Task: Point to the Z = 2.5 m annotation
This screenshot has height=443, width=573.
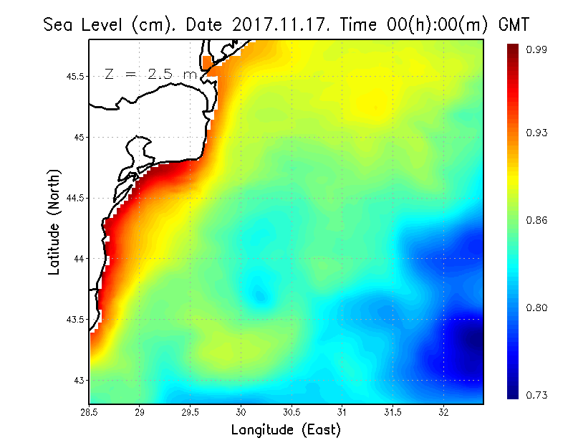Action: point(150,74)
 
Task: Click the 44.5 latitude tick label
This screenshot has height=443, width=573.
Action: point(75,198)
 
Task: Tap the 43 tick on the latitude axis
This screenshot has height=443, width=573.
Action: point(80,380)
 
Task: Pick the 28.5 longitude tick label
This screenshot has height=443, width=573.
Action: point(90,412)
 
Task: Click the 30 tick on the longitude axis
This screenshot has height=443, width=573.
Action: point(241,412)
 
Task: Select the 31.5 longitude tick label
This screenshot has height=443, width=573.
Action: point(393,412)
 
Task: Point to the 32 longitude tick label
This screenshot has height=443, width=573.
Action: point(443,412)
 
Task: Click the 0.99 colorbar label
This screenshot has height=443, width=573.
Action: point(536,49)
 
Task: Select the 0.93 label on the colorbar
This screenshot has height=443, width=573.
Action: point(536,133)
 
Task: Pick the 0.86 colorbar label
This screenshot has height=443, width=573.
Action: point(536,220)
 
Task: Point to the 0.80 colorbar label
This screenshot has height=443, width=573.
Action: point(536,308)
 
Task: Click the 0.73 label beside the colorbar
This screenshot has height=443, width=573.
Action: point(536,395)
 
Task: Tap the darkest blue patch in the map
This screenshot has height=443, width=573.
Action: point(469,344)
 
